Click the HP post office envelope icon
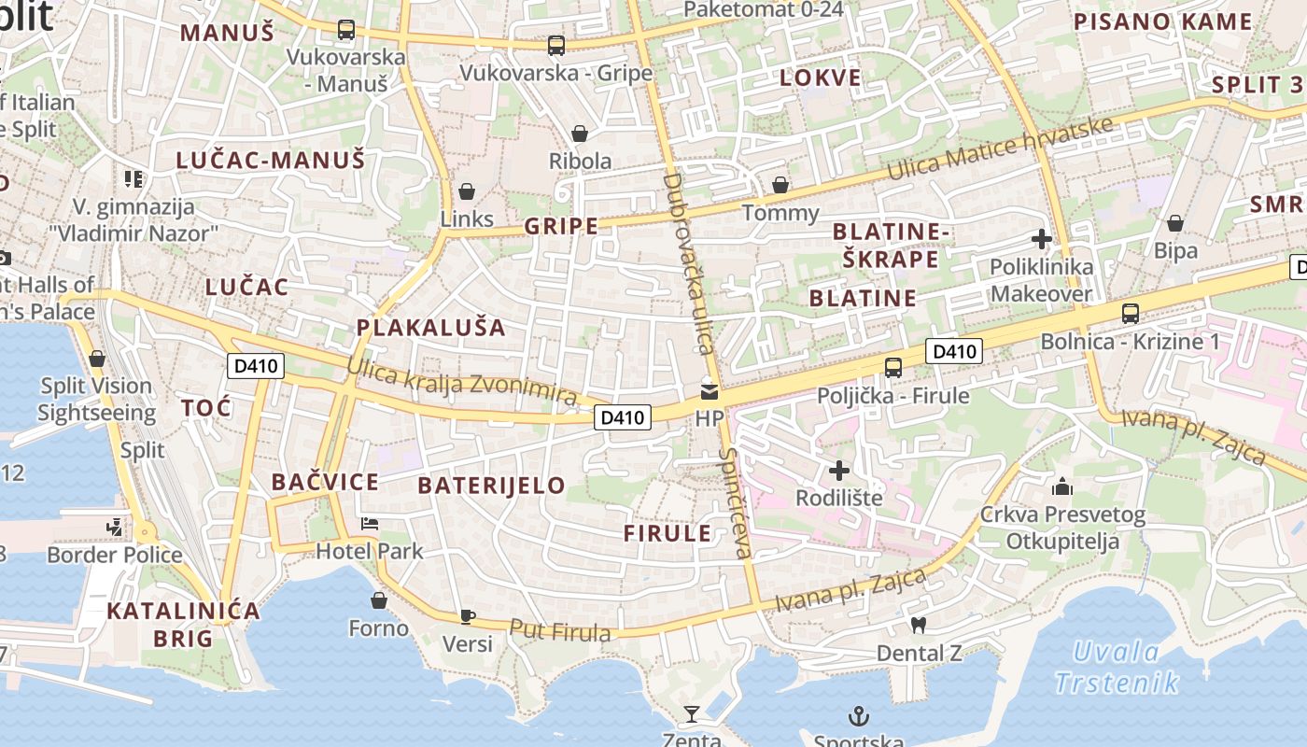[x=710, y=392]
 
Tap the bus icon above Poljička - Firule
[x=893, y=367]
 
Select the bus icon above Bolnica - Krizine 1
[x=1131, y=313]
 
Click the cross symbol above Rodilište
[x=839, y=470]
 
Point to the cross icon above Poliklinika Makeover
[x=1042, y=239]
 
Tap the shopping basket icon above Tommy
[x=780, y=185]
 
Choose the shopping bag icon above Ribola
[x=580, y=134]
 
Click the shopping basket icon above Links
[x=466, y=191]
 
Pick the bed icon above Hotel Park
[x=370, y=523]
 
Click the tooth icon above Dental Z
[x=919, y=625]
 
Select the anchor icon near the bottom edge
[x=858, y=716]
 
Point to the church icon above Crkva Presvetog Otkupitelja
[x=1062, y=486]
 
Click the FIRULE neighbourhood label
[x=668, y=533]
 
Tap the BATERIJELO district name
[x=491, y=486]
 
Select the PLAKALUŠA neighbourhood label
[x=431, y=328]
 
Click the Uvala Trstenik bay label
[x=1117, y=668]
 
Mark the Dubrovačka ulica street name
[x=689, y=263]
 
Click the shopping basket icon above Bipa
[x=1175, y=223]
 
